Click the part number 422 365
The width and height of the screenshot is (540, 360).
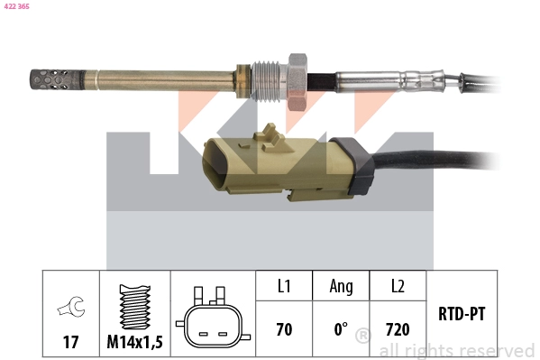(x=18, y=5)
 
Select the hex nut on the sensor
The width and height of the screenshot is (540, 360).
(x=297, y=78)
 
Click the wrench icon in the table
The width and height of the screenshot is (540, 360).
(x=69, y=308)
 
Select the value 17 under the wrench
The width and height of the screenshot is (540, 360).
(x=69, y=343)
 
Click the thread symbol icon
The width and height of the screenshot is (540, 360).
(x=134, y=307)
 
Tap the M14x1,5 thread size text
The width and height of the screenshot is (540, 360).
(x=134, y=343)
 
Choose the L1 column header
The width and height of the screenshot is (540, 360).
(x=284, y=286)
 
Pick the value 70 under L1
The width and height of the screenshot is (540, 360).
(x=284, y=330)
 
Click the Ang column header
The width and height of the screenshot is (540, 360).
(x=341, y=286)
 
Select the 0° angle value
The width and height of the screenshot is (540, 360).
(x=341, y=330)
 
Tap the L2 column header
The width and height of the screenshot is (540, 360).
(x=398, y=286)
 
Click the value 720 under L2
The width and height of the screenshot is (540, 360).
(x=398, y=330)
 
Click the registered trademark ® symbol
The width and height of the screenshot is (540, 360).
(x=362, y=337)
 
